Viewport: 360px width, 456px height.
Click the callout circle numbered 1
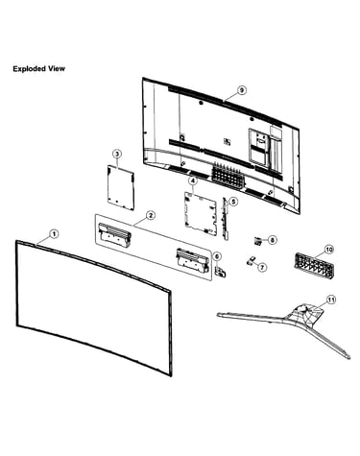pos(55,234)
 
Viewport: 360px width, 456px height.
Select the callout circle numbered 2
pos(151,215)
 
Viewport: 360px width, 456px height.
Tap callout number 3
pos(117,154)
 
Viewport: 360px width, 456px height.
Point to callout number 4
pos(193,181)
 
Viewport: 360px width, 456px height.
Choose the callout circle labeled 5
pos(233,202)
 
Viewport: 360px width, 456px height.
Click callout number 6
pos(217,256)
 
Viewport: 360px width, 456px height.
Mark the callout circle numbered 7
pos(262,267)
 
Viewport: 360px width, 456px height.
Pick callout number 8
pos(272,240)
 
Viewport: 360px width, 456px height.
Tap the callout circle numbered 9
pos(242,90)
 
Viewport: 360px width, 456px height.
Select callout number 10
pos(329,249)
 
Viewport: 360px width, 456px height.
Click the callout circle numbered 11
pos(331,300)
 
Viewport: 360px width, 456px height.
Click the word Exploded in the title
pos(30,68)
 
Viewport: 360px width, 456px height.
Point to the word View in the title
pos(57,68)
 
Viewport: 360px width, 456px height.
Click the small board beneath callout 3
pos(121,188)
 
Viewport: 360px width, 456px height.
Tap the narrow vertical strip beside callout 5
pos(226,218)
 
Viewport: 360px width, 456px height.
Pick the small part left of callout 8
pos(258,241)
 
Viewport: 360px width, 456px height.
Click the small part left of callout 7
pos(251,260)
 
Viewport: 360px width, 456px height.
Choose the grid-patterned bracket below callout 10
pos(314,264)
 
